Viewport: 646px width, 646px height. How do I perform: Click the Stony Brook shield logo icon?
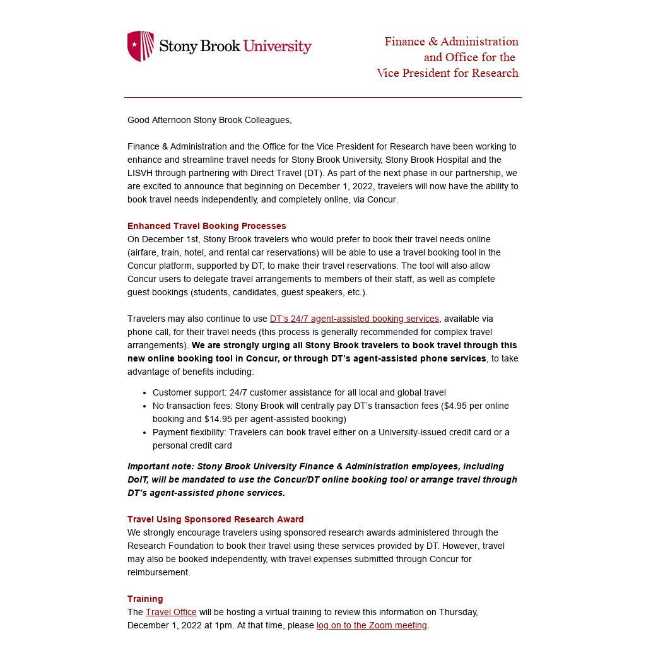[141, 46]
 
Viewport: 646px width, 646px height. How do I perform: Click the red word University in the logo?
[277, 47]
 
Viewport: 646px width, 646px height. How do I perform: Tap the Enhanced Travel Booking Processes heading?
[206, 226]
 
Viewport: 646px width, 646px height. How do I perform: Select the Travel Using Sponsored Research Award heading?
[215, 519]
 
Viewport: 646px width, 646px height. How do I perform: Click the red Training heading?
[145, 599]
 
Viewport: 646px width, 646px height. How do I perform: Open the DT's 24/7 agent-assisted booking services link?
[354, 319]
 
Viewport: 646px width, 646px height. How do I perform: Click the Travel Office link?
[171, 612]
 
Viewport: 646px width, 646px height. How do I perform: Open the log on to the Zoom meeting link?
[372, 625]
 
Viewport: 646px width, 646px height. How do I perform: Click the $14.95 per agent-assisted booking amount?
[218, 419]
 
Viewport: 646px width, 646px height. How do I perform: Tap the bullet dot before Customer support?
[145, 393]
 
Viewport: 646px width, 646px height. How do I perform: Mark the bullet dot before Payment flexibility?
[145, 433]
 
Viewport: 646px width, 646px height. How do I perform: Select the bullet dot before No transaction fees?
[145, 406]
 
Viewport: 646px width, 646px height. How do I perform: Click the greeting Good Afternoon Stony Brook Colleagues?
[209, 120]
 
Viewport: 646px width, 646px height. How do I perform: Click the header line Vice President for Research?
[447, 73]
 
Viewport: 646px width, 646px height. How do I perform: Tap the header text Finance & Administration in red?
[451, 42]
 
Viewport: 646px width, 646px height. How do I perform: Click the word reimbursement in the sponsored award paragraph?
[158, 572]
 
